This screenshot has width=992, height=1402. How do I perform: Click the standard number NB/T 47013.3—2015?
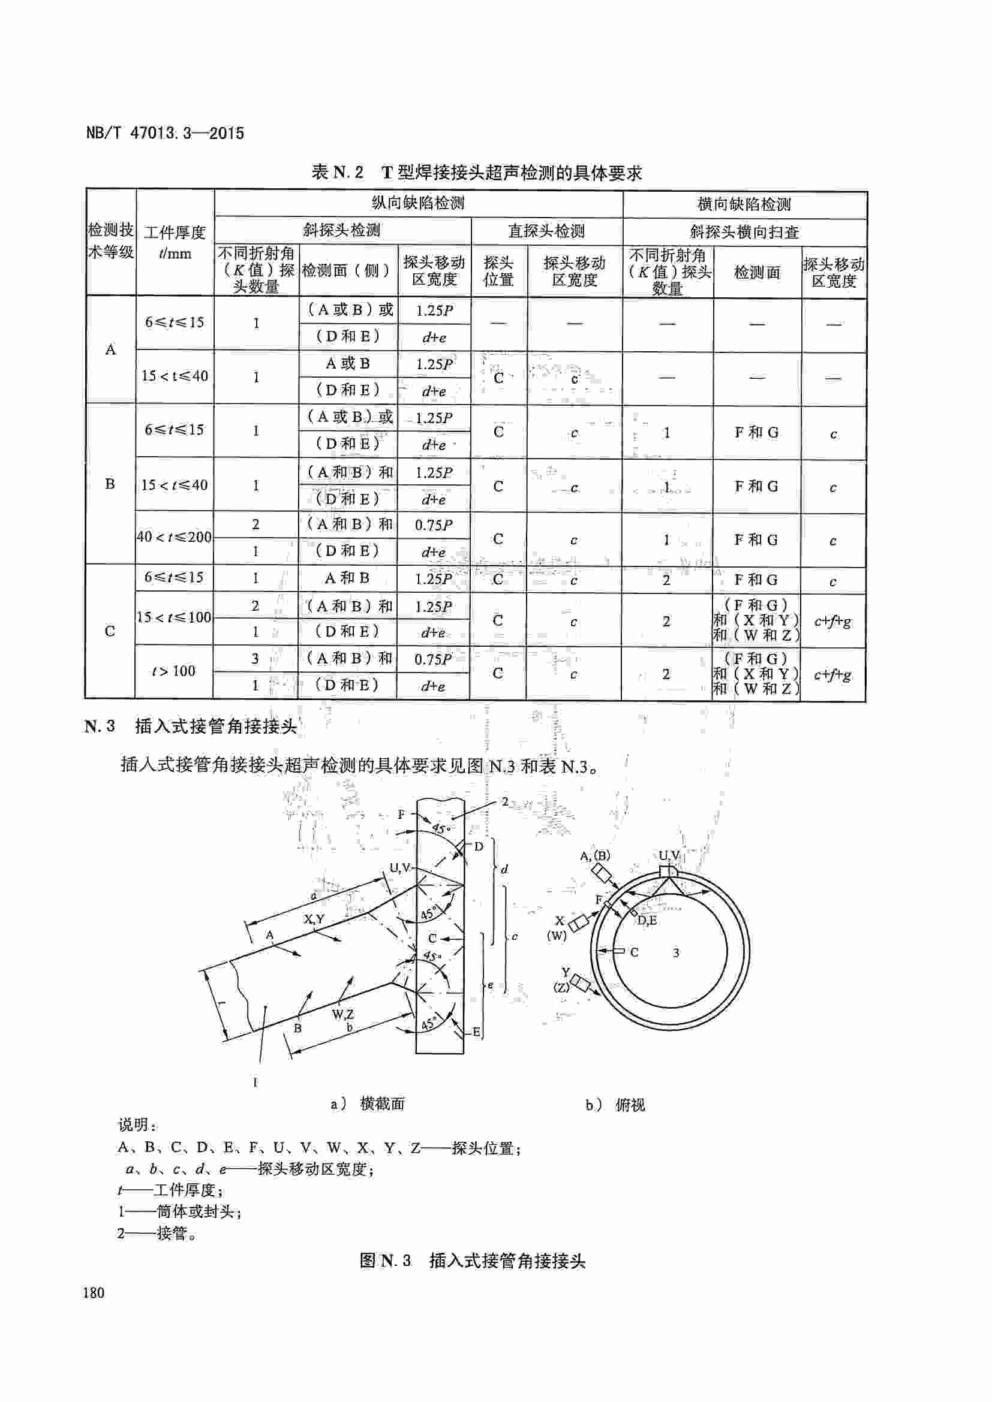pos(165,133)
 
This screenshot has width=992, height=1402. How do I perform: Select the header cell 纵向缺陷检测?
pos(419,203)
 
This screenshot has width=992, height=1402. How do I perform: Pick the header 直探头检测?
pos(547,231)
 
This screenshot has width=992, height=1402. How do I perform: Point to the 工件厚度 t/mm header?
pos(175,242)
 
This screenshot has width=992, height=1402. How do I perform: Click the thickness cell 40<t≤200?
pos(174,537)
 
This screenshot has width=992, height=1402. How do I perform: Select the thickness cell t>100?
pos(174,671)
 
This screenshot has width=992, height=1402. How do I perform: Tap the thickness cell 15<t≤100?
pos(174,617)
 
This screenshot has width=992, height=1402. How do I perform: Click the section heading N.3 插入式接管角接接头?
pos(191,726)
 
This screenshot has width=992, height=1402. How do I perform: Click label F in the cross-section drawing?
pos(401,814)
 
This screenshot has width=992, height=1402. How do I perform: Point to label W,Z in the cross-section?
pos(342,1014)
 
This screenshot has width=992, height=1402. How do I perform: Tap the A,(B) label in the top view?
pos(595,855)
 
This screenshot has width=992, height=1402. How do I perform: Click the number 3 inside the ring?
pos(675,952)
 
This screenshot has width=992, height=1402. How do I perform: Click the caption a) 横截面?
pos(368,1104)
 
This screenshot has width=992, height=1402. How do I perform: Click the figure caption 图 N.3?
pos(473,1261)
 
